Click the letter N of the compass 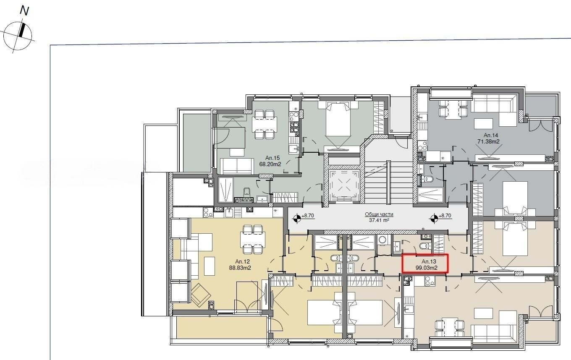pyautogui.click(x=24, y=11)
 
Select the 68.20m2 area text pyautogui.click(x=270, y=164)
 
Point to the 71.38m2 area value pyautogui.click(x=488, y=142)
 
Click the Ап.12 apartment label pyautogui.click(x=242, y=261)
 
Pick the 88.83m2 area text pyautogui.click(x=240, y=268)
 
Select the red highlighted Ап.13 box pyautogui.click(x=425, y=263)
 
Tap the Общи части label pyautogui.click(x=379, y=214)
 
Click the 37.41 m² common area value pyautogui.click(x=379, y=220)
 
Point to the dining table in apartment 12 pyautogui.click(x=253, y=240)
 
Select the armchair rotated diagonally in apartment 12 pyautogui.click(x=201, y=295)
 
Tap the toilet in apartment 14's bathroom pyautogui.click(x=429, y=179)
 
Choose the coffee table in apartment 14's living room pyautogui.click(x=483, y=124)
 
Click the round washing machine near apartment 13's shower pyautogui.click(x=382, y=240)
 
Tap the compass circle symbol pyautogui.click(x=18, y=36)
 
